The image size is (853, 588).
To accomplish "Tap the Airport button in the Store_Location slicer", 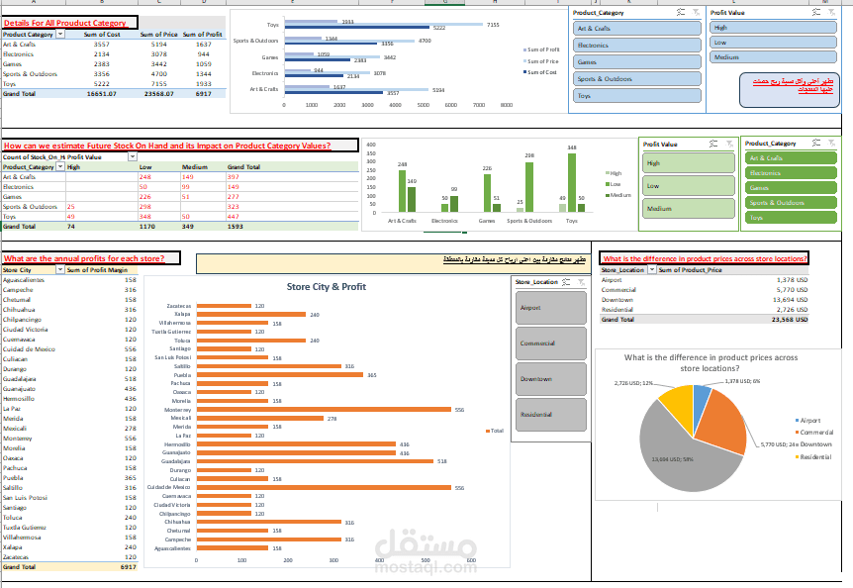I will [550, 308].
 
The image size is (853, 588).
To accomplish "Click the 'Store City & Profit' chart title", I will [327, 287].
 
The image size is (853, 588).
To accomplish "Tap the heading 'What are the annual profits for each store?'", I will [91, 258].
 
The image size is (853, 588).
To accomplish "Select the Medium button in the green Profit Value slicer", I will [688, 209].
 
